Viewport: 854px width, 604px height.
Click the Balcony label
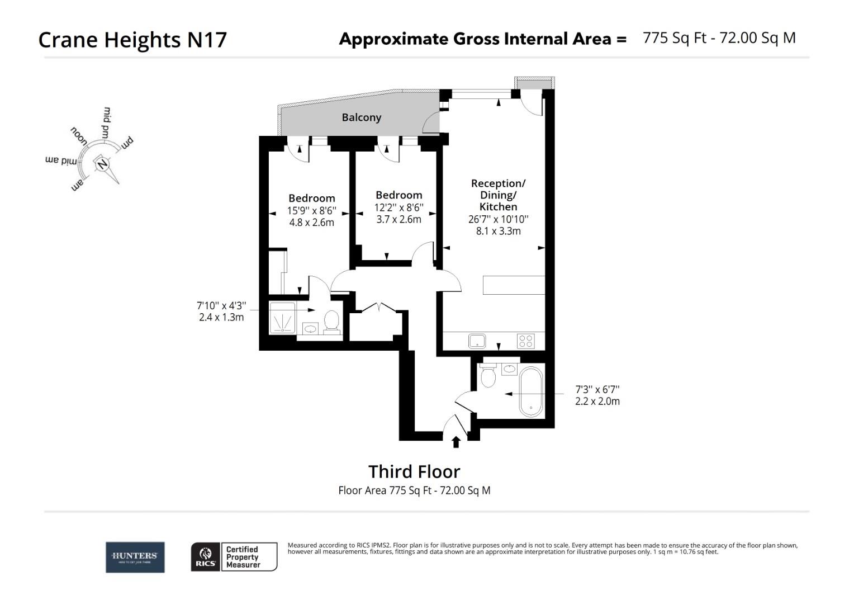361,117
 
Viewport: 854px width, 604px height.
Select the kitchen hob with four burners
525,341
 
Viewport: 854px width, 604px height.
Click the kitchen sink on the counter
477,341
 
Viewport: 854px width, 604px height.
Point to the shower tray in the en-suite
283,318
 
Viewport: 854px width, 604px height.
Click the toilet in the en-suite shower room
331,322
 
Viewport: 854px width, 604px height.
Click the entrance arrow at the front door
456,442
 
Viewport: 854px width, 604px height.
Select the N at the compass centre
102,164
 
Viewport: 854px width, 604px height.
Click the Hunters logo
135,557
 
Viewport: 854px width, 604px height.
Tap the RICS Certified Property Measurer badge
234,557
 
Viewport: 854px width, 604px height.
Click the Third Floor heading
414,471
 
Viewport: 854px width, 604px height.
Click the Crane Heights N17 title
132,40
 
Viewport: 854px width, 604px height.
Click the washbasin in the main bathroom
510,369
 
